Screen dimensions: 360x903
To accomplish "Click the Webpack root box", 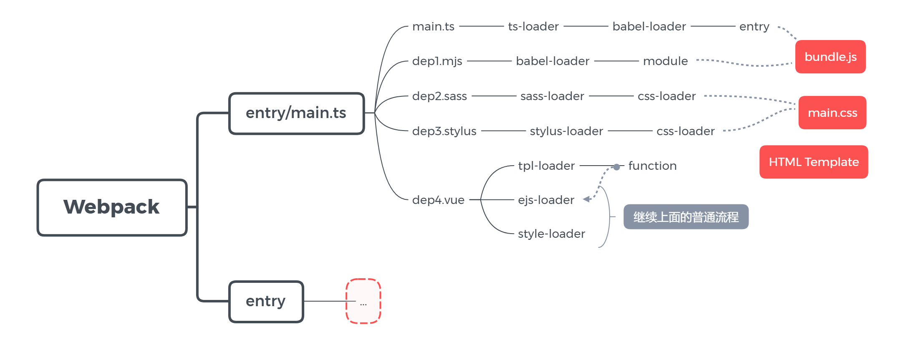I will (112, 207).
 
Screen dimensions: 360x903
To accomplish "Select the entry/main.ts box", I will (296, 113).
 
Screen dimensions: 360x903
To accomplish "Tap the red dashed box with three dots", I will (363, 301).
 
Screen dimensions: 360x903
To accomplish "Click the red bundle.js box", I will (830, 57).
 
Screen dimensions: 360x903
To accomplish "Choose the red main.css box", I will (832, 113).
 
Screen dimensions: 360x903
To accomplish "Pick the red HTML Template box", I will (813, 162).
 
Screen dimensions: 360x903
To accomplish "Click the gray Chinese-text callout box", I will (686, 217).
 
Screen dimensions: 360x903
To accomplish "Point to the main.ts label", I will (433, 27).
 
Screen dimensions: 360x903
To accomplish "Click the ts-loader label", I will (533, 27).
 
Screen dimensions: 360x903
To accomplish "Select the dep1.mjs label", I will (437, 61).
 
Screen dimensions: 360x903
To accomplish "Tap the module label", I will (665, 61).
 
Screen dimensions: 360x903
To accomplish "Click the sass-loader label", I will (552, 96).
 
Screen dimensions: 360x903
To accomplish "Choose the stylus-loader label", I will (566, 131).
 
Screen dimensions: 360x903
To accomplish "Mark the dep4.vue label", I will (438, 200).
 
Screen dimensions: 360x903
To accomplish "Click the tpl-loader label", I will (546, 166).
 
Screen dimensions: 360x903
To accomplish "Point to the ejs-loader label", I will (546, 200).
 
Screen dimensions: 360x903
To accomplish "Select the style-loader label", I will (551, 234).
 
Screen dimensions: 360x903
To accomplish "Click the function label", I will (652, 166).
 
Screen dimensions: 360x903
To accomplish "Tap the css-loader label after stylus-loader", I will (685, 131).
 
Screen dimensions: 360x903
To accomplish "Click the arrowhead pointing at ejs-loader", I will (587, 199).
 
